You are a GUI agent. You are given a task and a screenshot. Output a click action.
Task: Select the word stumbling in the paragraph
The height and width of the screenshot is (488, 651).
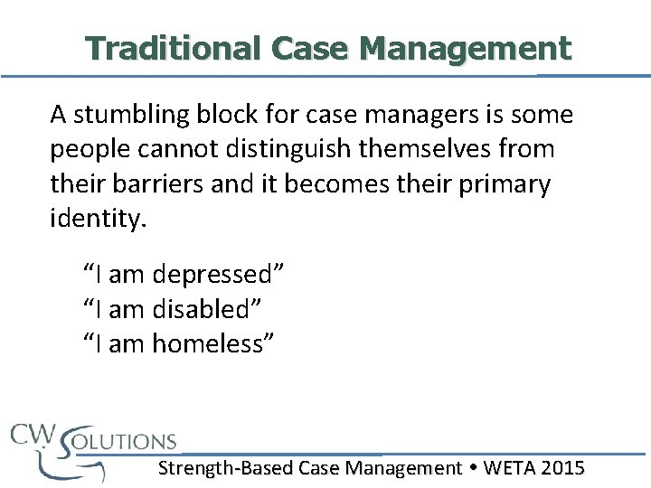coord(124,115)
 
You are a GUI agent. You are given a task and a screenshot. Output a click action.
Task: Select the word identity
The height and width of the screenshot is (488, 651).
coord(97,220)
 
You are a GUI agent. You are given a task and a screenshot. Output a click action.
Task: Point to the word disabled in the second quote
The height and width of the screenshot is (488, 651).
coord(205,309)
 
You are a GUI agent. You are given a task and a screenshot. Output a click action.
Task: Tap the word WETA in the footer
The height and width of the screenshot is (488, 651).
coord(509,467)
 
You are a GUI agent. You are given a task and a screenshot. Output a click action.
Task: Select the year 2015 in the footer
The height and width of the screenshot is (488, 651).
coord(562,467)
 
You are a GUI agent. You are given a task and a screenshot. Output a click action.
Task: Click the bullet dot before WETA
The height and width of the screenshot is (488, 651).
coord(473,468)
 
